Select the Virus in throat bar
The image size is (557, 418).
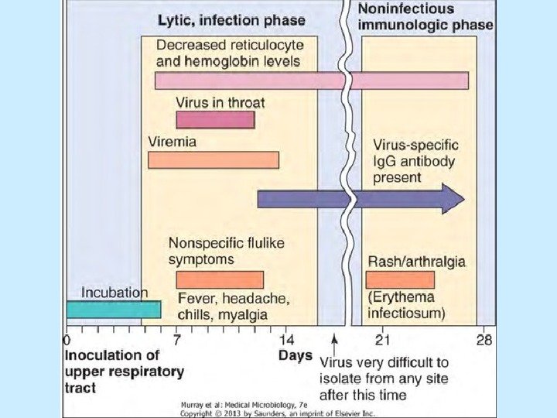pyautogui.click(x=215, y=120)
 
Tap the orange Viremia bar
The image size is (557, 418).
pyautogui.click(x=213, y=160)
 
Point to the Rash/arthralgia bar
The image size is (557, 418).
pyautogui.click(x=400, y=279)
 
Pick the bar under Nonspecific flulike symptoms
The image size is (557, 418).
pyautogui.click(x=220, y=279)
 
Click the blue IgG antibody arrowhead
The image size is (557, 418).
pyautogui.click(x=453, y=199)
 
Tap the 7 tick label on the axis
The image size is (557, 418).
pyautogui.click(x=177, y=340)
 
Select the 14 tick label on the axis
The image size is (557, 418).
pyautogui.click(x=286, y=340)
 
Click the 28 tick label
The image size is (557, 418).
pyautogui.click(x=485, y=340)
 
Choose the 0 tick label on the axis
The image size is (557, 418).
pyautogui.click(x=67, y=340)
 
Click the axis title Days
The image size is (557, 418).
pyautogui.click(x=296, y=356)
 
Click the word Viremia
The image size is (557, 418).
pyautogui.click(x=172, y=142)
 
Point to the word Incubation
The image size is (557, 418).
pyautogui.click(x=114, y=293)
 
